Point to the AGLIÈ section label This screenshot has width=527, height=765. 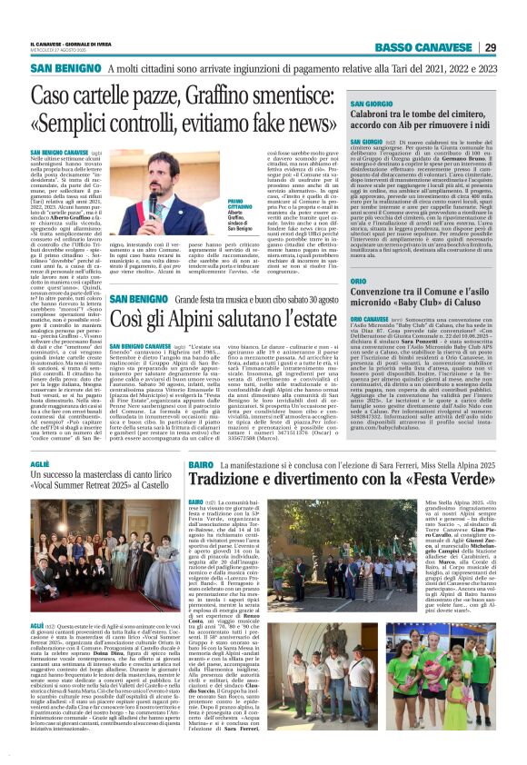click(x=41, y=462)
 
